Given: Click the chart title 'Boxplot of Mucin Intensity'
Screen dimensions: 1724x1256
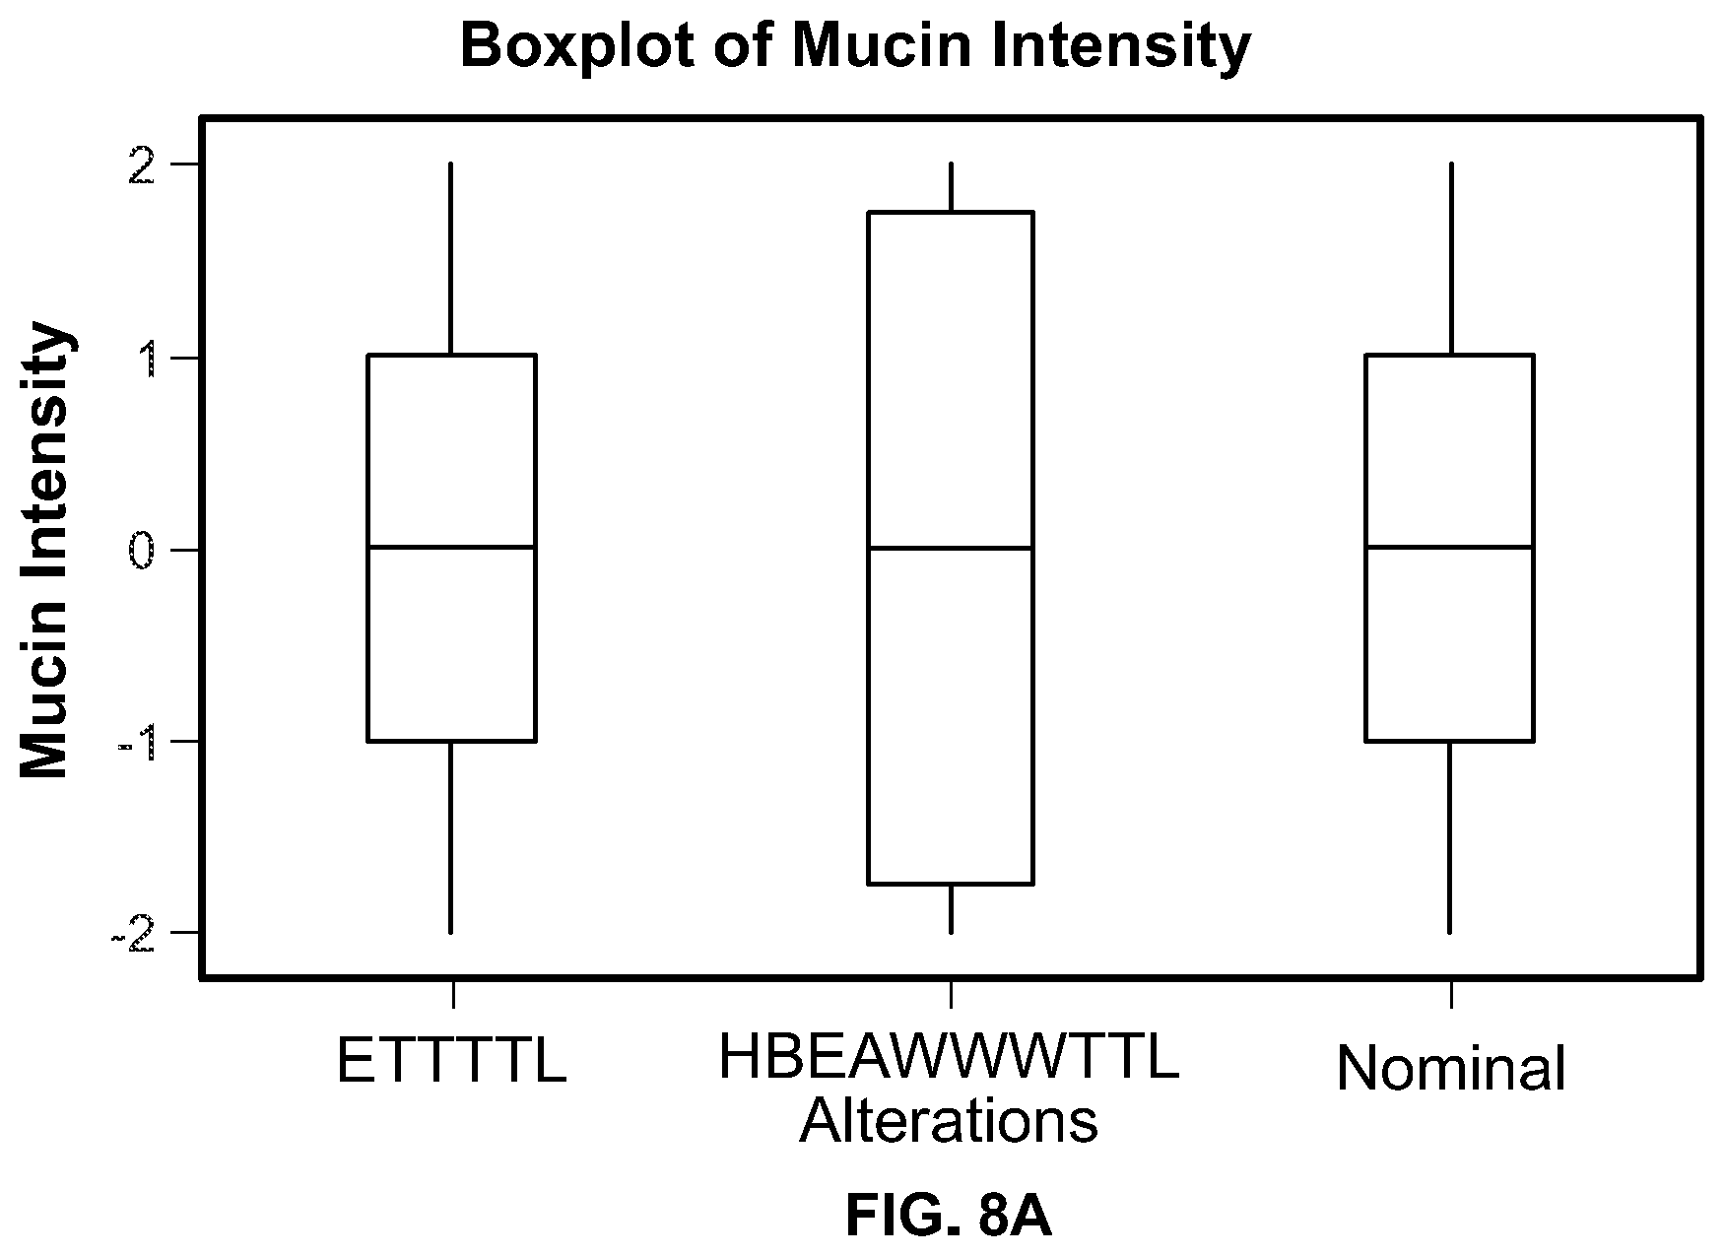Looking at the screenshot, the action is pos(855,46).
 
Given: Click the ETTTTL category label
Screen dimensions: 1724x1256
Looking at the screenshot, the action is pos(451,1061).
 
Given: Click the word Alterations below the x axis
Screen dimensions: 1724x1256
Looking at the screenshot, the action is pos(949,1120).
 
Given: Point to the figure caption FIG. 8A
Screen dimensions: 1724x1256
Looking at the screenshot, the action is pos(949,1217).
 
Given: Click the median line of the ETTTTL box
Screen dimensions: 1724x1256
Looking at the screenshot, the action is pos(451,547).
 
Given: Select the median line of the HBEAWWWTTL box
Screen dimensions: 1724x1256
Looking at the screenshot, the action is pos(951,548).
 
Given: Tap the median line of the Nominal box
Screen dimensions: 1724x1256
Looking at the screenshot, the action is pos(1450,547).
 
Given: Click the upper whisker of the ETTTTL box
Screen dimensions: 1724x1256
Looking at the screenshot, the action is pos(451,258).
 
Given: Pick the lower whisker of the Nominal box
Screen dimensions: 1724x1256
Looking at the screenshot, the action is pos(1450,836).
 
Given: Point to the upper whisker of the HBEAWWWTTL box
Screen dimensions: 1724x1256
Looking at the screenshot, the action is pos(951,187).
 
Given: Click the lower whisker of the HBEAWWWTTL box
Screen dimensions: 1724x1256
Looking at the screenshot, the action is pos(951,908).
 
